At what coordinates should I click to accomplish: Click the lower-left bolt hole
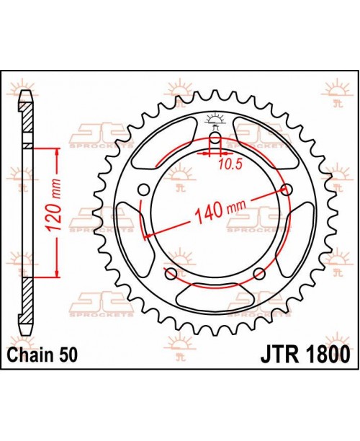(171, 274)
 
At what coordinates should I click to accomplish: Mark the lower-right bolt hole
(259, 274)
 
